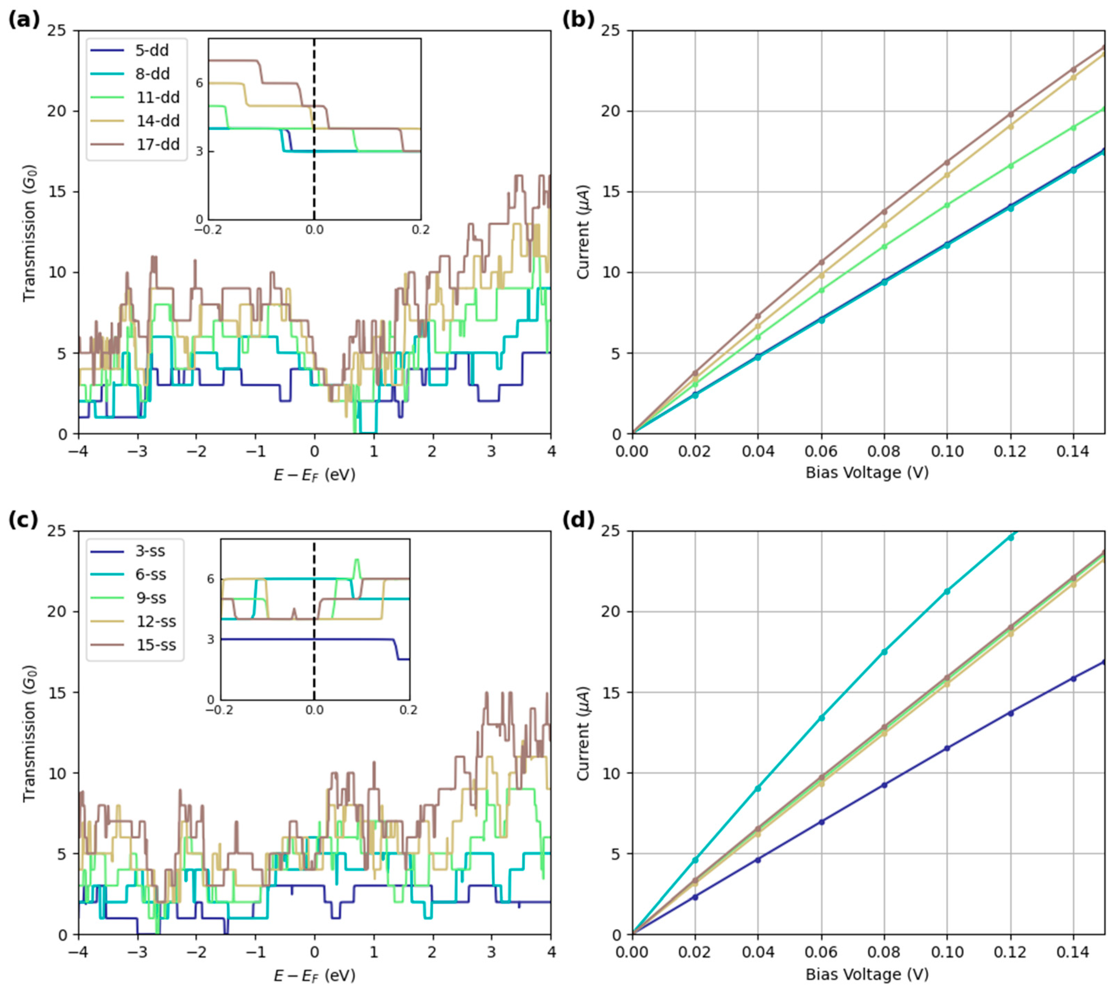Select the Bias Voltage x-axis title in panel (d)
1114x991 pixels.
(x=867, y=974)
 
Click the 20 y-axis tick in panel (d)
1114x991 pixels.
(x=613, y=611)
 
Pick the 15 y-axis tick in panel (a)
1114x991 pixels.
(x=58, y=192)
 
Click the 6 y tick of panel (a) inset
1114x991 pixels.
(x=199, y=83)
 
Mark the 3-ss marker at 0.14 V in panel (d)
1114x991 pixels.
(x=1073, y=678)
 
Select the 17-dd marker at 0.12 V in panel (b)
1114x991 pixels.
(x=1010, y=114)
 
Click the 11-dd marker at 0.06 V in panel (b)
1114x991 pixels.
(x=821, y=290)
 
